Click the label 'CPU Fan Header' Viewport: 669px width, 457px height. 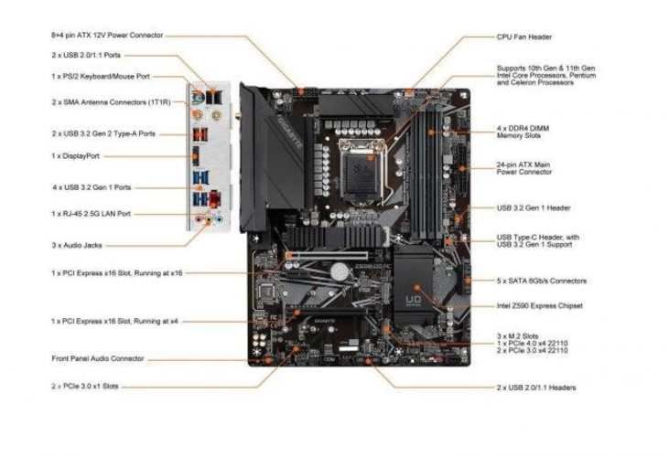coord(523,37)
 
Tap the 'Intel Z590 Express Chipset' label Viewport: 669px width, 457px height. coord(539,305)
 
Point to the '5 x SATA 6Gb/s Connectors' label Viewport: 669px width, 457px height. coord(542,281)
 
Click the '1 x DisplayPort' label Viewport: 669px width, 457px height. coord(75,157)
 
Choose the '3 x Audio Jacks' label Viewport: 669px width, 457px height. coord(76,244)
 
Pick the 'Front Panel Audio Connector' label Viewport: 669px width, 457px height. coord(98,358)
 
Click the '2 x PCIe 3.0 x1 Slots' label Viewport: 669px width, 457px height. coord(85,387)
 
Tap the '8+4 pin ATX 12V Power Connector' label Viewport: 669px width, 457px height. coord(107,35)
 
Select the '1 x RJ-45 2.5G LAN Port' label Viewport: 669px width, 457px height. coord(91,214)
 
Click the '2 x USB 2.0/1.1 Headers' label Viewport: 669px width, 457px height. coord(537,388)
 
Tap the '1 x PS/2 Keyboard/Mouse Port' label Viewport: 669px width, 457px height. coord(101,77)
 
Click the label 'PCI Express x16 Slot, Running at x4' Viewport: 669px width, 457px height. coord(116,322)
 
